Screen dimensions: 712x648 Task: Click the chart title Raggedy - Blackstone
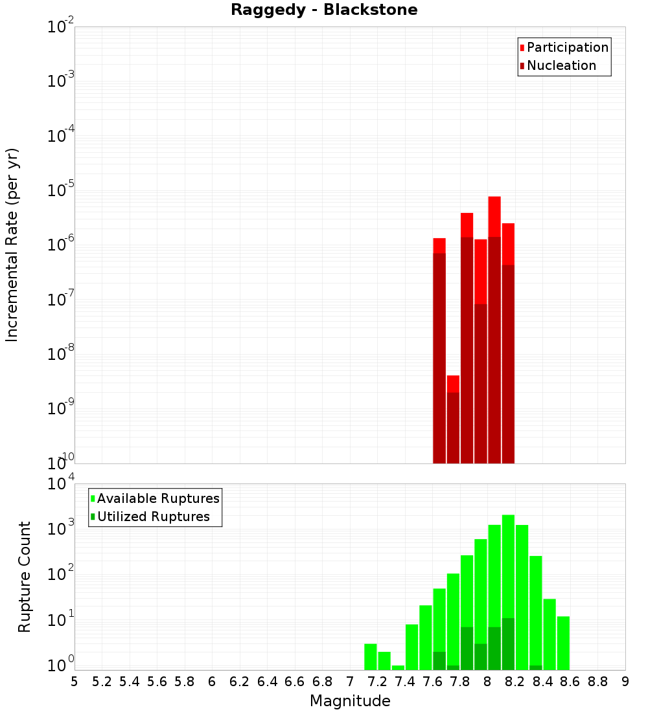(324, 10)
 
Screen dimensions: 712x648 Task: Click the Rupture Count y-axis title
(25, 577)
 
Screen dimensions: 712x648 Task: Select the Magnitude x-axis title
(350, 701)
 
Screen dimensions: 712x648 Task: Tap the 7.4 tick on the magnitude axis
(405, 682)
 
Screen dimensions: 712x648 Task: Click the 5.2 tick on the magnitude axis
(102, 682)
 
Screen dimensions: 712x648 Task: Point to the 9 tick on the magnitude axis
(625, 682)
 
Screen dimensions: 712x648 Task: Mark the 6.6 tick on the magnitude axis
(295, 682)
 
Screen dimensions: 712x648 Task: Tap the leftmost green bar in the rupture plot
(371, 657)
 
